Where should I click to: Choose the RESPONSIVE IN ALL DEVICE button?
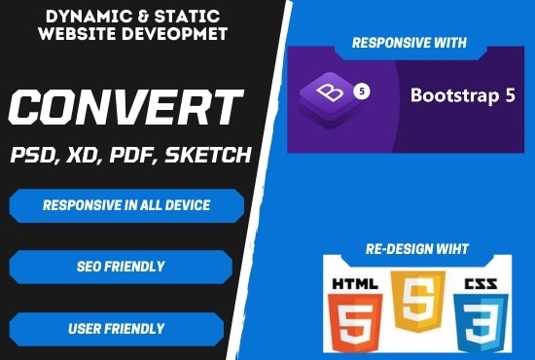point(126,205)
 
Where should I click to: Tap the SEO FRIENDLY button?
point(121,266)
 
